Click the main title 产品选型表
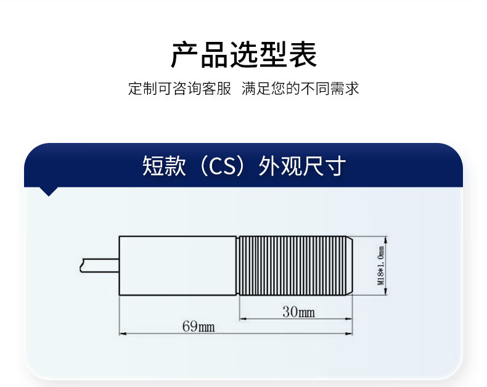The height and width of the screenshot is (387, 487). [244, 55]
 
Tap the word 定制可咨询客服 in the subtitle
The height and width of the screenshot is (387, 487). [180, 89]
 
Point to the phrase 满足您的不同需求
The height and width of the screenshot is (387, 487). [300, 89]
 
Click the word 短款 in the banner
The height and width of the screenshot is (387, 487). [164, 166]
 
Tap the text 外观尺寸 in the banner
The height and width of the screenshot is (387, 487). [302, 166]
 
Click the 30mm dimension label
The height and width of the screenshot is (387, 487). [298, 312]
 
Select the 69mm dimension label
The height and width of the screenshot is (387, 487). [198, 327]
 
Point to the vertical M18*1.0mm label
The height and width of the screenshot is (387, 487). [381, 266]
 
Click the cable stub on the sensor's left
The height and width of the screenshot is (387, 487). [99, 266]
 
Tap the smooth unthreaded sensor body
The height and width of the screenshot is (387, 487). [178, 266]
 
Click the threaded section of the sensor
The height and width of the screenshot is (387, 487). [293, 266]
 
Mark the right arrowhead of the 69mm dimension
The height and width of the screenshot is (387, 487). [349, 334]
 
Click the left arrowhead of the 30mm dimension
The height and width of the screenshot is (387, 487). [243, 319]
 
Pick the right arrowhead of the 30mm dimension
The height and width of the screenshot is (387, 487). [349, 319]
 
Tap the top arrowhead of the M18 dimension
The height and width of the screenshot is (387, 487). [386, 240]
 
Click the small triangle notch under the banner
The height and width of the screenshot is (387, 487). [49, 192]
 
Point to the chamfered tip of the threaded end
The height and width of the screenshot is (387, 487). [350, 266]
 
